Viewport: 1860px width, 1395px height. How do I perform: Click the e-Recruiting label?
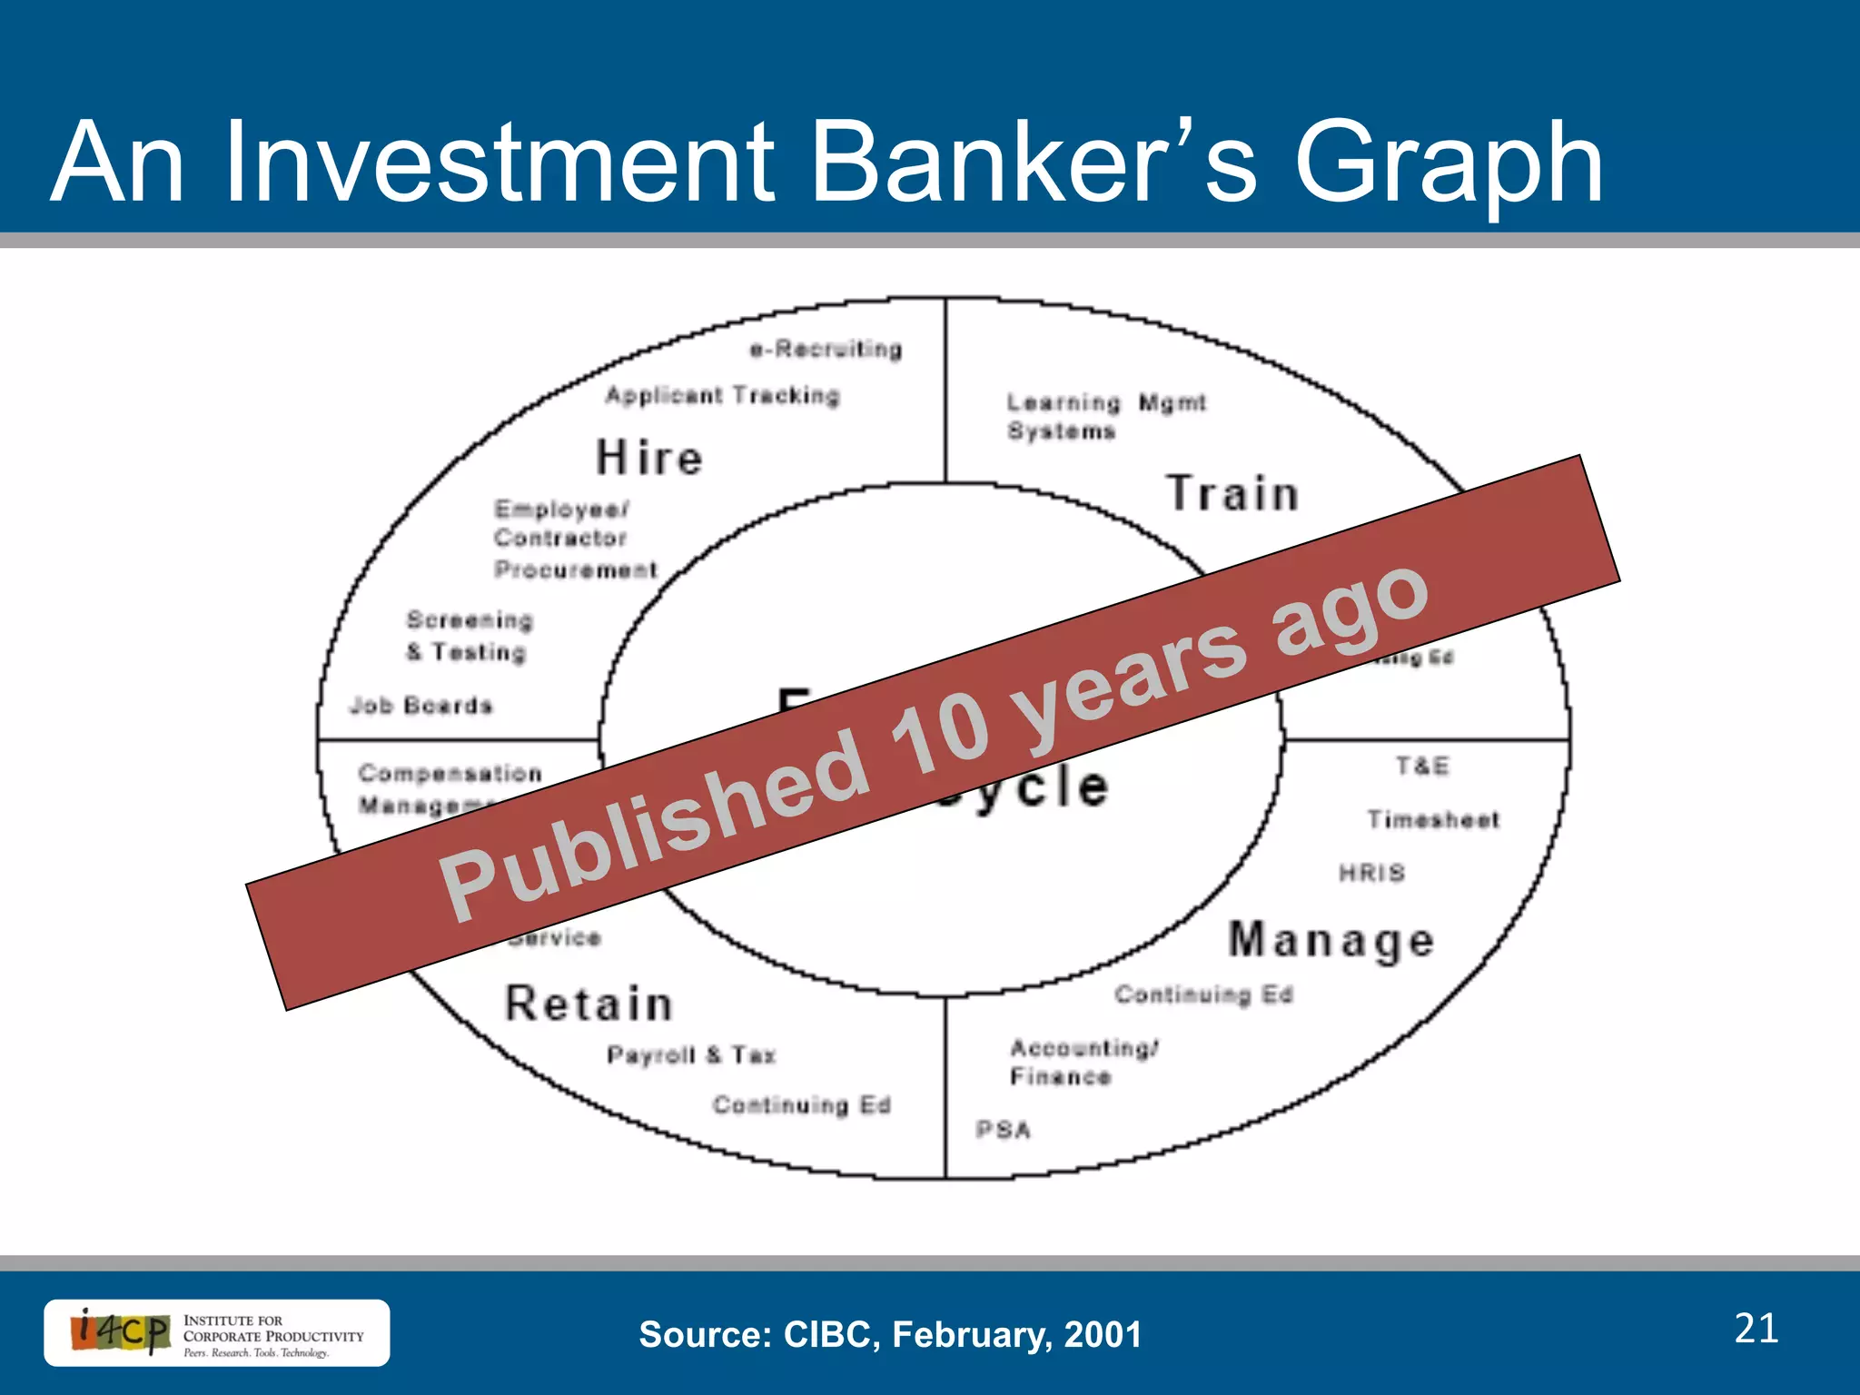click(826, 350)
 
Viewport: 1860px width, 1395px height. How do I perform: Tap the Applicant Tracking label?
click(723, 396)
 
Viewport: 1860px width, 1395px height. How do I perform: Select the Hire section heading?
click(649, 457)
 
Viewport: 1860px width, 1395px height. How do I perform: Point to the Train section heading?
click(1232, 494)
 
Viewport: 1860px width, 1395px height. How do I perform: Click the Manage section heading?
click(1331, 940)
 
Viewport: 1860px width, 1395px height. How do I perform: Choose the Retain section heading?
click(589, 1004)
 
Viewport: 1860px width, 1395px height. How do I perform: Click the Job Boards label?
click(421, 706)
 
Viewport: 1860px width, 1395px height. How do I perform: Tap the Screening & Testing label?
click(469, 636)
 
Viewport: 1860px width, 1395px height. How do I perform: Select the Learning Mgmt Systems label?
click(1105, 416)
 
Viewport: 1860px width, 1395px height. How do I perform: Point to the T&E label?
click(1422, 767)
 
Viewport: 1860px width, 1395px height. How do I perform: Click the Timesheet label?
click(1433, 820)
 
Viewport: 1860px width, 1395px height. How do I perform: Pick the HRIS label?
click(1371, 873)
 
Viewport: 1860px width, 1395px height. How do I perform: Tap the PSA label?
click(1004, 1130)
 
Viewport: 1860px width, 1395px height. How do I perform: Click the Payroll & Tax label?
click(691, 1055)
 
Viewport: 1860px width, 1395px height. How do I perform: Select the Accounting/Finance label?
click(1083, 1062)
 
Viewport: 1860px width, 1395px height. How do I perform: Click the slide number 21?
click(1756, 1329)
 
